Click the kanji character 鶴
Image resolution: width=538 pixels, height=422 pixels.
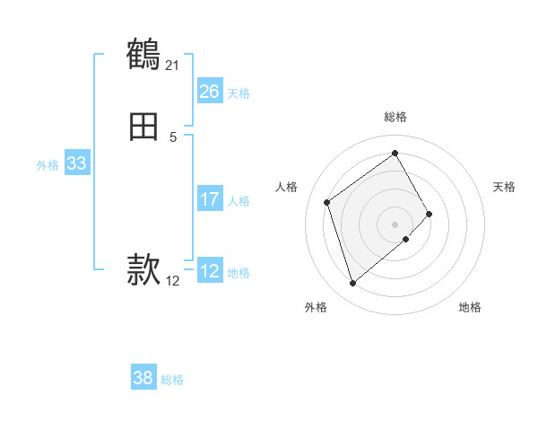(x=143, y=55)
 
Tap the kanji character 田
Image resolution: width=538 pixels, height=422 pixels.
(x=143, y=128)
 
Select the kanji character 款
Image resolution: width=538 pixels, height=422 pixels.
(x=143, y=268)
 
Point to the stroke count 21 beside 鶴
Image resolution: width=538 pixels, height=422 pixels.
(x=172, y=65)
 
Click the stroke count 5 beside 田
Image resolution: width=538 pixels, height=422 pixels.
(x=173, y=137)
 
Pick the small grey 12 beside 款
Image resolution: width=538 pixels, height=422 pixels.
(x=173, y=281)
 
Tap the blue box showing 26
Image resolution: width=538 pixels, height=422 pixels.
(x=210, y=92)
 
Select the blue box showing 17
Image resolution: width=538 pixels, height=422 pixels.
(x=210, y=199)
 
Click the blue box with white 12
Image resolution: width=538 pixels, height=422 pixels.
(x=210, y=271)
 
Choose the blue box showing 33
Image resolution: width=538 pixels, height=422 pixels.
(x=76, y=163)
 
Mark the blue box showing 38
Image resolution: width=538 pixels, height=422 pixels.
(x=143, y=378)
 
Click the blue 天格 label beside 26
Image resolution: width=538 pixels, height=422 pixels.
(x=239, y=93)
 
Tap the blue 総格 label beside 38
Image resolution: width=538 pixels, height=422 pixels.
(x=172, y=380)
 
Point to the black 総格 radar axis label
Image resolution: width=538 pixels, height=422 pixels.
(x=395, y=117)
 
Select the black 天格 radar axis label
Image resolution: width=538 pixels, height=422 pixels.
(x=504, y=187)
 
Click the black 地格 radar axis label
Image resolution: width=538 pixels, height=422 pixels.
(x=470, y=307)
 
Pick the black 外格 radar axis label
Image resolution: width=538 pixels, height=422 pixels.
(x=315, y=307)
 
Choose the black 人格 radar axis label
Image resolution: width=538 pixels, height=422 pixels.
(x=287, y=187)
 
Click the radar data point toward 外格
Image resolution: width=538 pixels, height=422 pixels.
(x=352, y=284)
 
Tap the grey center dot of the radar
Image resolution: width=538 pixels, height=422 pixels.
(x=395, y=224)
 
